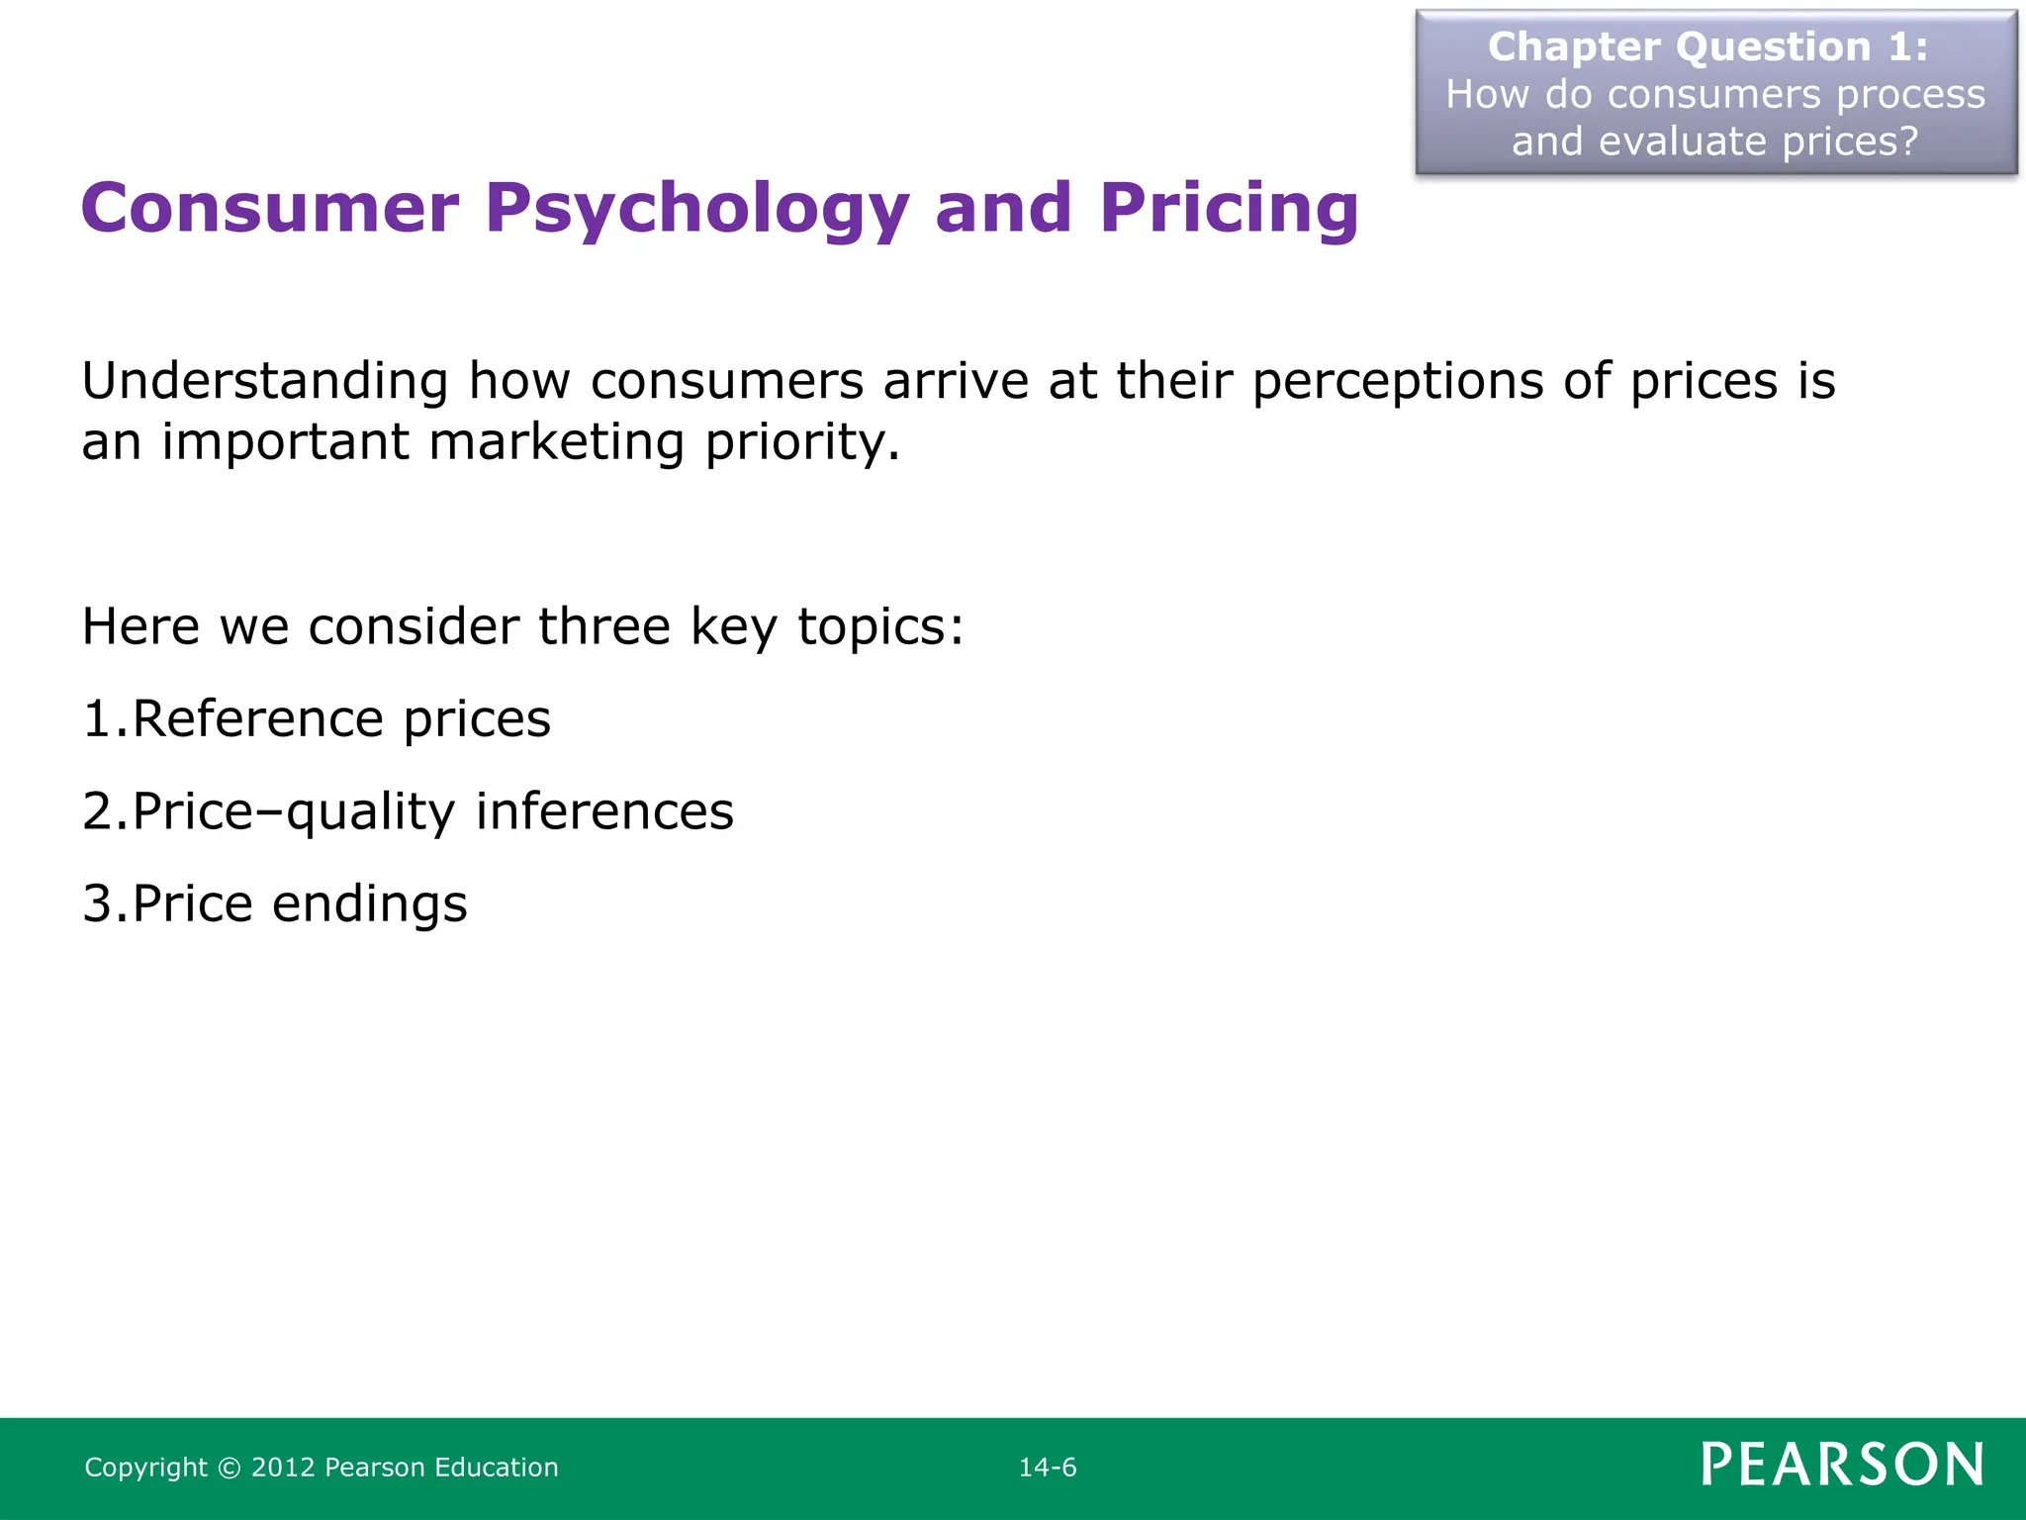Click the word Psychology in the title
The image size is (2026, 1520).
[x=696, y=210]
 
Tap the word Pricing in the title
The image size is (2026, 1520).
[x=1229, y=210]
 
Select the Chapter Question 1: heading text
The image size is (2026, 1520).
[x=1707, y=47]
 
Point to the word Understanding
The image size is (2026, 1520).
[x=265, y=382]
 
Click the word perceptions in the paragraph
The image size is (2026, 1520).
[x=1398, y=382]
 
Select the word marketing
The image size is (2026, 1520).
[x=556, y=442]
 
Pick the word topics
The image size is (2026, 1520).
[x=878, y=626]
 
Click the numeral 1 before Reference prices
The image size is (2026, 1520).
[x=98, y=719]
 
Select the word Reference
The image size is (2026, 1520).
[x=257, y=719]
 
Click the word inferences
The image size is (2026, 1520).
[x=604, y=811]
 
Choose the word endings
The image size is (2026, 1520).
[x=369, y=903]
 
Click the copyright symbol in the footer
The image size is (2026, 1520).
[x=230, y=1468]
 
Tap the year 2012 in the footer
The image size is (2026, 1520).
[x=283, y=1468]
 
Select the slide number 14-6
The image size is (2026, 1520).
[x=1048, y=1468]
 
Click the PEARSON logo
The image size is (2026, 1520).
[x=1842, y=1465]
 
